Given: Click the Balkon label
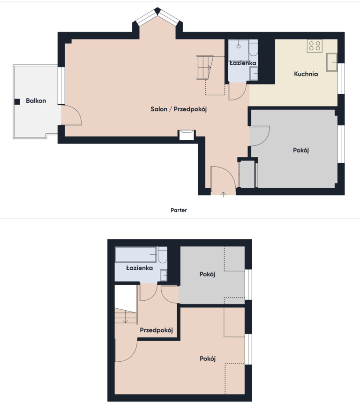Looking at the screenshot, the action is coord(36,100).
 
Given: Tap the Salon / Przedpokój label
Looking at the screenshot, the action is coord(179,109).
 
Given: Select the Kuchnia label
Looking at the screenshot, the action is coord(306,74).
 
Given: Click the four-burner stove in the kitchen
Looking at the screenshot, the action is coord(315,46).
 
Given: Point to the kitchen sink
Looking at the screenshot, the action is coord(332,62).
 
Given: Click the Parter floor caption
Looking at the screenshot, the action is coord(179,210).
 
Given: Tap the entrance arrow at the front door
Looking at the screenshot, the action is coord(223,194).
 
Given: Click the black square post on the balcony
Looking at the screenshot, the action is coord(17,102).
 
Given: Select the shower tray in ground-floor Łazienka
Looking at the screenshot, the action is coord(239,50).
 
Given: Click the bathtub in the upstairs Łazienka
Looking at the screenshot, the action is coord(136,254).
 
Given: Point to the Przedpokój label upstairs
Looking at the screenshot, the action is coord(156,330).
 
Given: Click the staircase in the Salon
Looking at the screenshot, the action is coord(205,67).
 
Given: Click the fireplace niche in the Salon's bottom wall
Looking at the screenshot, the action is coord(187,135).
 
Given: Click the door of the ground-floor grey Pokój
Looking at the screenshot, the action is coord(260,136).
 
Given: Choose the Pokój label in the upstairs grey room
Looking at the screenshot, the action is coord(207,275).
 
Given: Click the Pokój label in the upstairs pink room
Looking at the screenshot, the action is coord(208,359).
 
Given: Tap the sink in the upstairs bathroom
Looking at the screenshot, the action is coord(164,275).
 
